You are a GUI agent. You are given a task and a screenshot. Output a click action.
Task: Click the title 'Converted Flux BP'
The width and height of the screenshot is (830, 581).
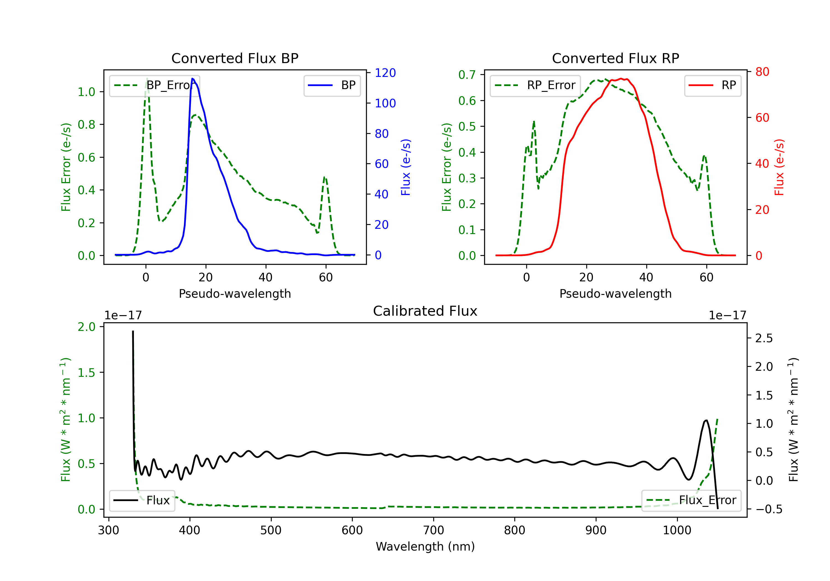235,58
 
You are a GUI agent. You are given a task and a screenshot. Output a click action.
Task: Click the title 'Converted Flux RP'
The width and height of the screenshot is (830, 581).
615,58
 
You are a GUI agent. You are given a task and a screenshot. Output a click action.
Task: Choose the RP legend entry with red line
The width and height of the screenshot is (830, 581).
712,85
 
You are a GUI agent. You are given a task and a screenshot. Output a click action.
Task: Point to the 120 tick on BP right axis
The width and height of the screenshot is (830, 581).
385,73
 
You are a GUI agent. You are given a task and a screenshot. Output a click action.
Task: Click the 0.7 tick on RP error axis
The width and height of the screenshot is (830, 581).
467,75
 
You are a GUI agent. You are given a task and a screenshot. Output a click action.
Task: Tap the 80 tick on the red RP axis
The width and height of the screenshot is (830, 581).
762,72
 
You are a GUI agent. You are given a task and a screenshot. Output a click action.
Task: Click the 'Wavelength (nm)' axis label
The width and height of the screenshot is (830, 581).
425,546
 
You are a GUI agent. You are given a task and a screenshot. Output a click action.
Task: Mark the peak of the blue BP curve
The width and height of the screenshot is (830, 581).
193,79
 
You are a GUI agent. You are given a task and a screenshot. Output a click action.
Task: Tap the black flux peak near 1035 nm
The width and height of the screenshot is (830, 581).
706,421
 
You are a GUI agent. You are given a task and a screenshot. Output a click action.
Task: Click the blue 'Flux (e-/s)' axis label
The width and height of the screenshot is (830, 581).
406,167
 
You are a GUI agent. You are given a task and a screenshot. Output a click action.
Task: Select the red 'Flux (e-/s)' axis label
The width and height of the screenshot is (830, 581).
779,167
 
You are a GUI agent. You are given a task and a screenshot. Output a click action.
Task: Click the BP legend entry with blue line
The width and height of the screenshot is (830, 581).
332,85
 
